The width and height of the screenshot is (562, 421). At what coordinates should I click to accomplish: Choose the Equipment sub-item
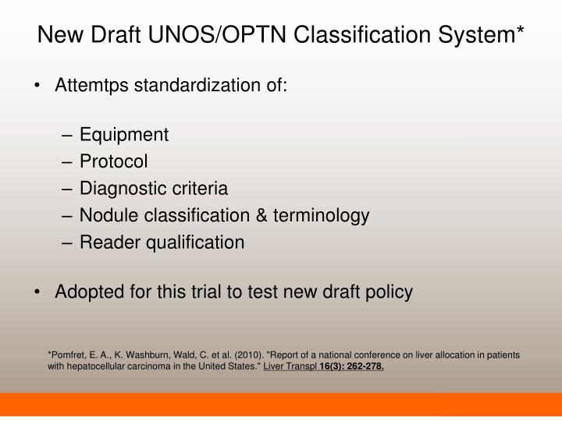pyautogui.click(x=124, y=135)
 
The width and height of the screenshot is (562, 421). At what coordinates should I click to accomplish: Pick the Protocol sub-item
pyautogui.click(x=113, y=161)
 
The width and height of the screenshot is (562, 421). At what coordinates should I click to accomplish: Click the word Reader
pyautogui.click(x=106, y=242)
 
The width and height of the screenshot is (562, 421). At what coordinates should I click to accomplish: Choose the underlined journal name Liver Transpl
pyautogui.click(x=290, y=367)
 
